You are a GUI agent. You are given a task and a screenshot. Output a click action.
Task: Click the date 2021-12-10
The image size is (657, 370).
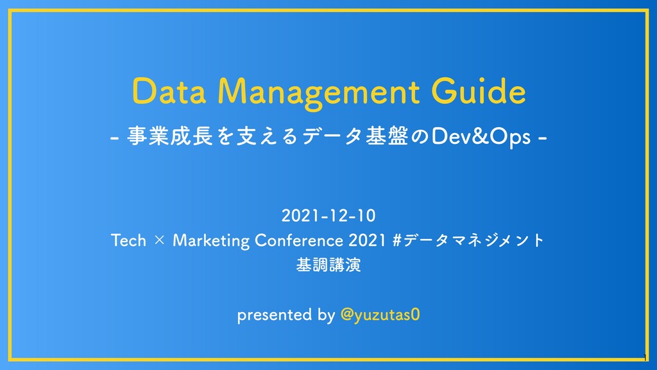pyautogui.click(x=328, y=213)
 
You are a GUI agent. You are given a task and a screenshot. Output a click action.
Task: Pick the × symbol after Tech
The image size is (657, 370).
pyautogui.click(x=159, y=242)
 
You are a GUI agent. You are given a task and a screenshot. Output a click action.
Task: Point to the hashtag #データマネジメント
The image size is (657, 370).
pyautogui.click(x=467, y=241)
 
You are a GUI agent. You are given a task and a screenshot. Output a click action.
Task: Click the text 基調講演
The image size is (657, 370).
pyautogui.click(x=328, y=265)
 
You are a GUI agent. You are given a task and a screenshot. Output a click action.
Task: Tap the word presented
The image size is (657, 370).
pyautogui.click(x=274, y=315)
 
